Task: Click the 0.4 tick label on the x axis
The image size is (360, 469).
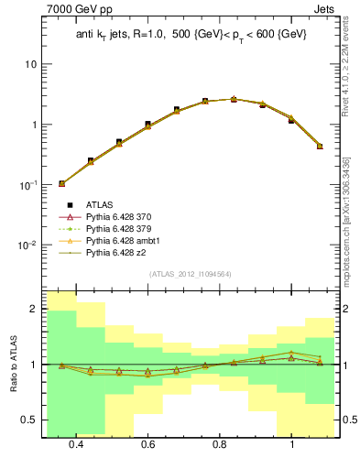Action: (76, 445)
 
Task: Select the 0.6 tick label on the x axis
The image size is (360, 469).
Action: (147, 445)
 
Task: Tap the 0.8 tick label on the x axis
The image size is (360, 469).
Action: (220, 445)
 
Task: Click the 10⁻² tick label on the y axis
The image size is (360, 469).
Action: (28, 245)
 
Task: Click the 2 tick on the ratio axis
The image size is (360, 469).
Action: (35, 310)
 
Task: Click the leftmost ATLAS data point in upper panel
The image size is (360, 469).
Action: (61, 183)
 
